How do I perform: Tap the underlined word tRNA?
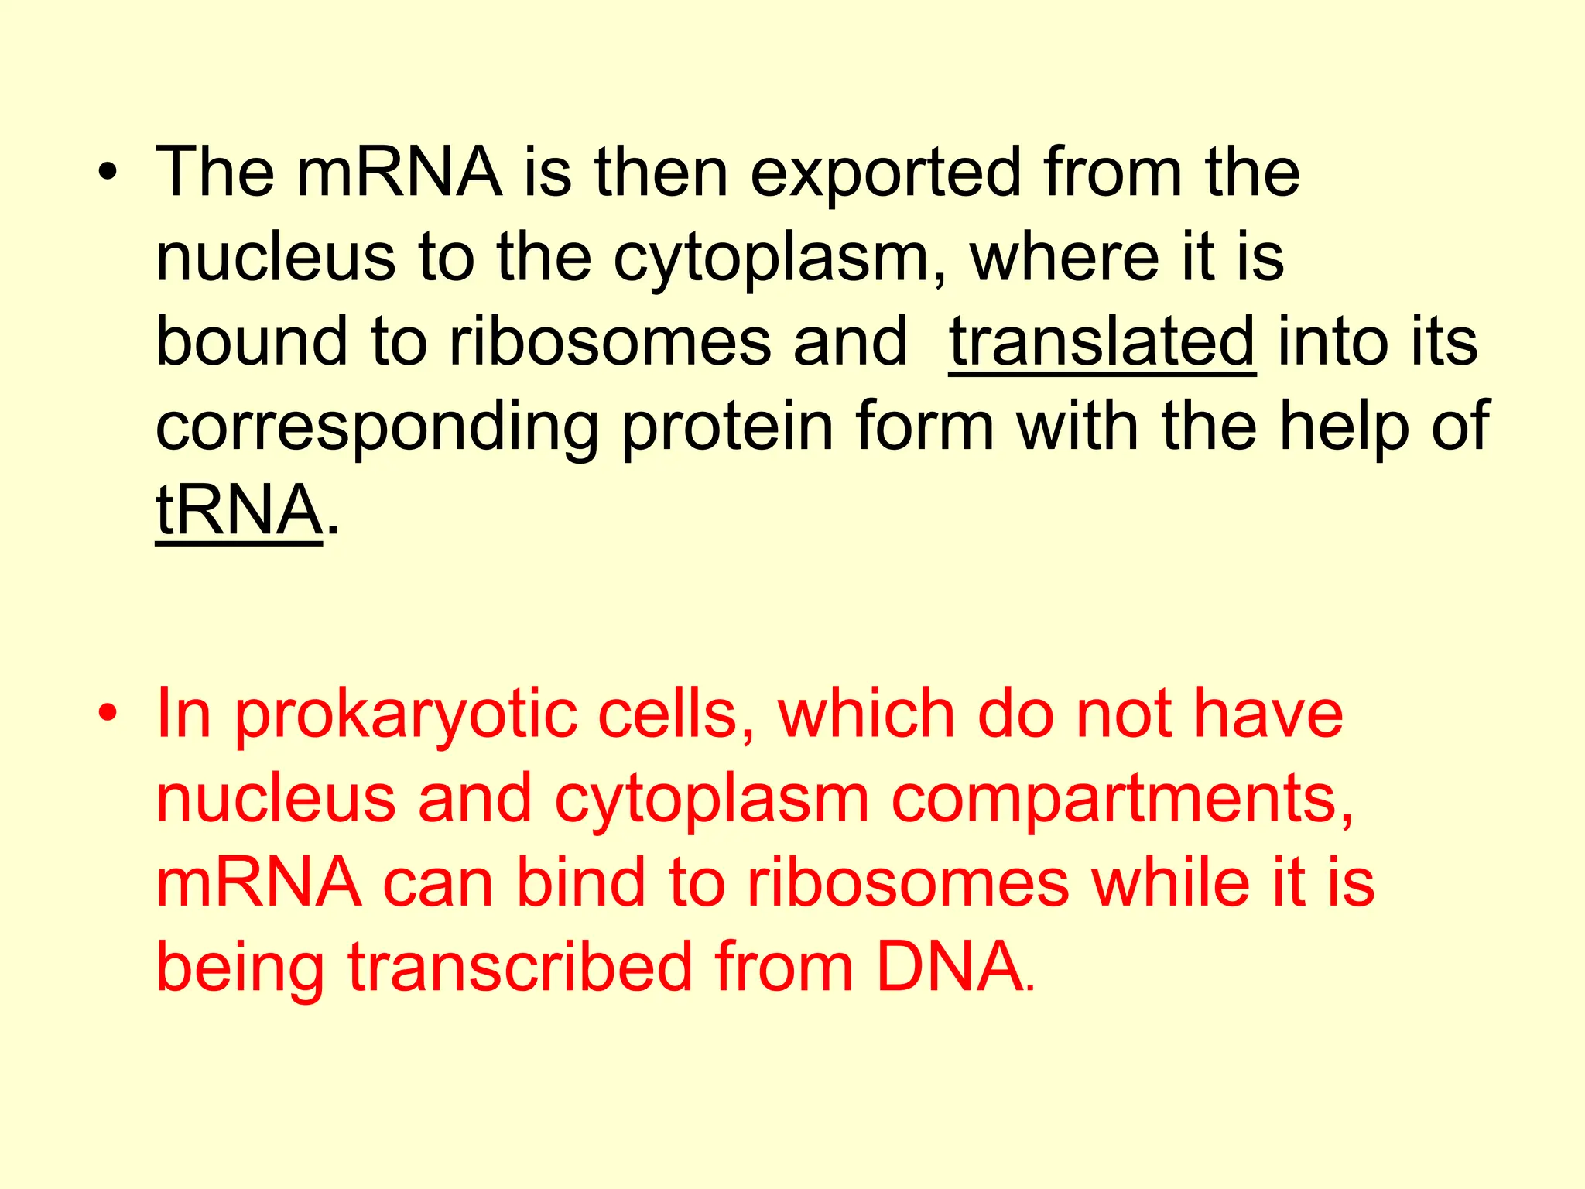coord(238,511)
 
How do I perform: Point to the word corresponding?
coord(377,427)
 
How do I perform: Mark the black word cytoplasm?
coord(780,259)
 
